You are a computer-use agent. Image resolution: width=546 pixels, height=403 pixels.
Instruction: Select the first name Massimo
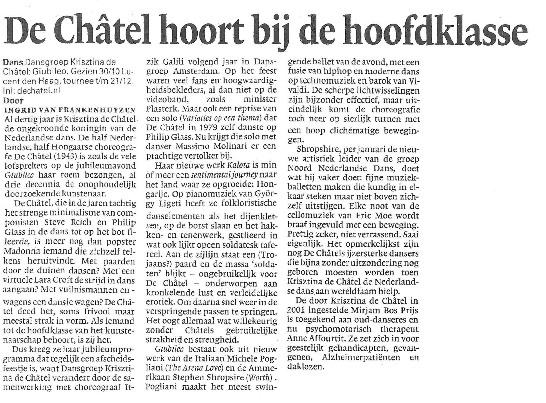click(x=191, y=147)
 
